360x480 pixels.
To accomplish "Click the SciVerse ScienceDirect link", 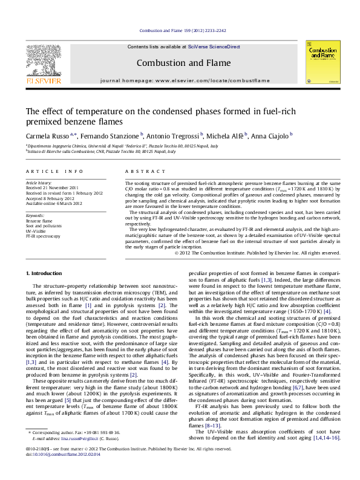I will tap(210, 47).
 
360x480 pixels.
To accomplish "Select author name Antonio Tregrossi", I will tap(173, 135).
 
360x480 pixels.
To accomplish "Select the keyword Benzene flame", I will tap(39, 221).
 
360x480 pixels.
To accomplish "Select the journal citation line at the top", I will tap(179, 30).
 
